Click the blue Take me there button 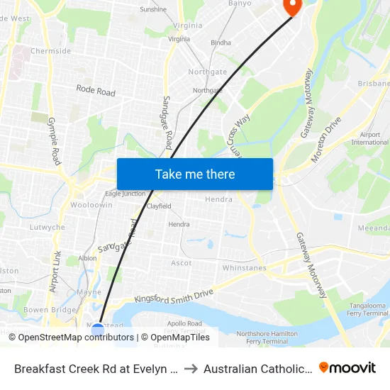(195, 174)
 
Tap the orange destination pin (291, 6)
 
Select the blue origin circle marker (98, 330)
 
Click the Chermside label (50, 51)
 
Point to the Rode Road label (96, 91)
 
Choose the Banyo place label (240, 4)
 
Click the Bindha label (221, 43)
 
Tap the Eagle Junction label (124, 194)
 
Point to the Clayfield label (159, 206)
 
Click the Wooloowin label (91, 205)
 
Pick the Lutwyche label (48, 228)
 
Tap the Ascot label (182, 263)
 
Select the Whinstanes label (244, 268)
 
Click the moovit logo (347, 367)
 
